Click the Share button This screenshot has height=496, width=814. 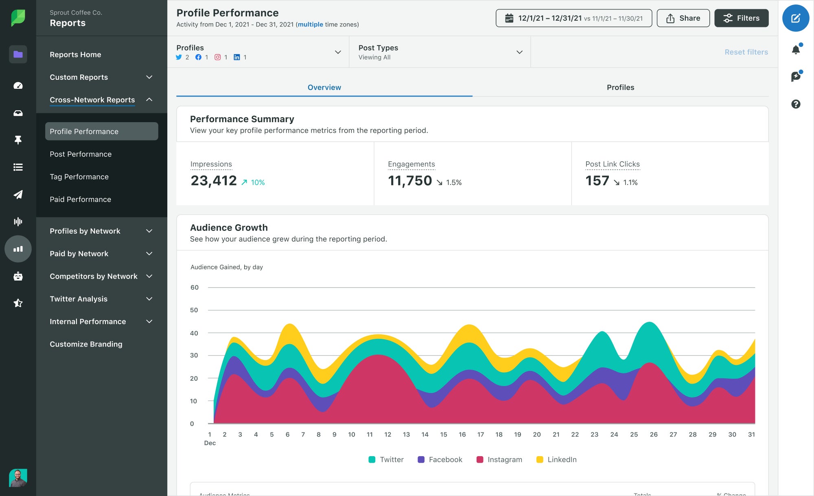click(x=683, y=18)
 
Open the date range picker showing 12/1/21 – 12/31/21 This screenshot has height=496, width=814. click(x=573, y=18)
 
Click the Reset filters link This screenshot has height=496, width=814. click(x=746, y=52)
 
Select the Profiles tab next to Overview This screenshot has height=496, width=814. click(x=620, y=87)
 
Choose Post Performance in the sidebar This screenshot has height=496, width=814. click(x=81, y=154)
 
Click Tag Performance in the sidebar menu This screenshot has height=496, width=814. click(x=79, y=177)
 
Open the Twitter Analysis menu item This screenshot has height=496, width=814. click(x=79, y=299)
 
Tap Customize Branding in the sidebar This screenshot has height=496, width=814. click(x=86, y=344)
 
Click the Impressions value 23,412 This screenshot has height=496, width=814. click(x=214, y=181)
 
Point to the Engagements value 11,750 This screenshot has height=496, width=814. click(x=410, y=181)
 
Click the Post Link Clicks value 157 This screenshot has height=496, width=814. click(x=597, y=181)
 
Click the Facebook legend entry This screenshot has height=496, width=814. click(x=440, y=459)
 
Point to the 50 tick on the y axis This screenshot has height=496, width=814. click(x=194, y=310)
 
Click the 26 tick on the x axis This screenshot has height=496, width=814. click(x=653, y=435)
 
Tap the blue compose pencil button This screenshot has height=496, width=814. click(x=795, y=18)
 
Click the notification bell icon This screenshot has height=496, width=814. click(x=796, y=50)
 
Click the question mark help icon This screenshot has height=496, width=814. click(x=796, y=104)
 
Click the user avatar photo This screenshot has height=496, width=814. click(x=18, y=478)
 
